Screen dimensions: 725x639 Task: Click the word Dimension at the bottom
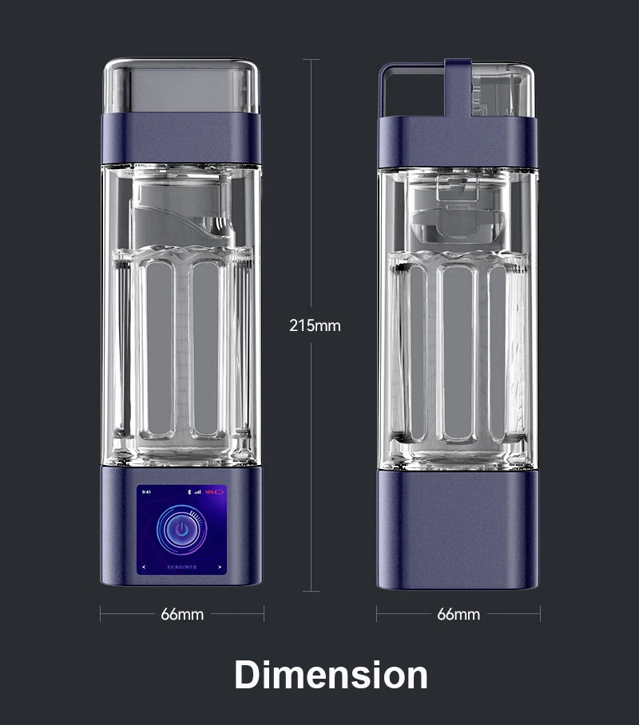click(x=331, y=675)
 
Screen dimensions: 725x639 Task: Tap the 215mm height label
click(x=314, y=325)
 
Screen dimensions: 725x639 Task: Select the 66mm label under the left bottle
click(x=182, y=614)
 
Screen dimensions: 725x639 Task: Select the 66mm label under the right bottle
click(x=458, y=614)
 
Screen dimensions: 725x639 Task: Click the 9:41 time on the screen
click(x=145, y=492)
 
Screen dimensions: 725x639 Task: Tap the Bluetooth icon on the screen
click(x=189, y=492)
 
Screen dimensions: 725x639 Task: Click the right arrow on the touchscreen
click(x=220, y=566)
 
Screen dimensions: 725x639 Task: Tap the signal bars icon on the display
click(x=197, y=492)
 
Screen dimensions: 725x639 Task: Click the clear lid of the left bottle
click(x=181, y=86)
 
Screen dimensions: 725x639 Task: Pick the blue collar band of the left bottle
click(x=181, y=137)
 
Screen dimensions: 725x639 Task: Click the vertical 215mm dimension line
click(x=311, y=199)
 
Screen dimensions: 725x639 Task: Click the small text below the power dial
click(x=181, y=566)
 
